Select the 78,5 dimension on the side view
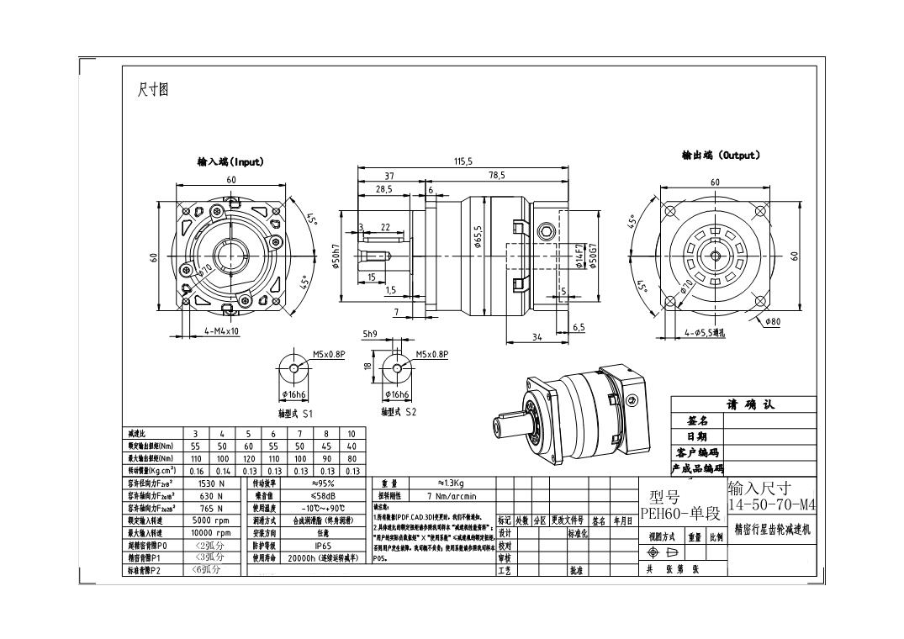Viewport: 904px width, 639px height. (x=496, y=176)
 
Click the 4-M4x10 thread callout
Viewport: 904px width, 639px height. (x=222, y=331)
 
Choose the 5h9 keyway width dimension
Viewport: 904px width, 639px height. (x=369, y=334)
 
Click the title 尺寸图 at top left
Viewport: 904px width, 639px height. (x=153, y=90)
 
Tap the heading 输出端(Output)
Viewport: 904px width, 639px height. (x=721, y=155)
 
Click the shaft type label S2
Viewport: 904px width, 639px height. (x=399, y=412)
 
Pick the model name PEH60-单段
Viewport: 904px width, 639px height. (x=680, y=512)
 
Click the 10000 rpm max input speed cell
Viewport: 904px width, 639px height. (x=211, y=533)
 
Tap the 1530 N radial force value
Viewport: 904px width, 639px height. (x=210, y=484)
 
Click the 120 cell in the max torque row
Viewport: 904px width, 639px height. (x=249, y=459)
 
